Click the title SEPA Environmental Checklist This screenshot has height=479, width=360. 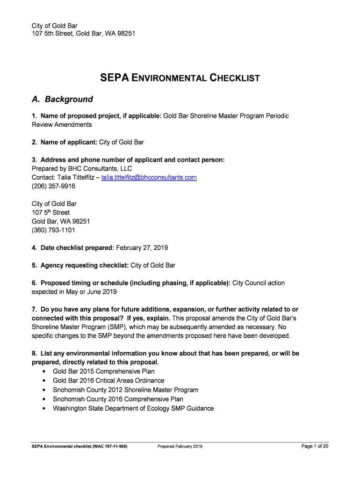180,78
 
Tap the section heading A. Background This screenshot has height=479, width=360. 62,99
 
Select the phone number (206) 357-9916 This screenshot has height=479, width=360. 53,186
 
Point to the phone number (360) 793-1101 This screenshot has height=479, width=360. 53,230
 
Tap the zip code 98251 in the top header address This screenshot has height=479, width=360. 126,34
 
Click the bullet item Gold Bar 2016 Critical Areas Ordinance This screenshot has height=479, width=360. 108,381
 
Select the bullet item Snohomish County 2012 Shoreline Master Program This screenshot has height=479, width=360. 125,390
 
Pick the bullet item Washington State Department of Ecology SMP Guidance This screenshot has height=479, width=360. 133,408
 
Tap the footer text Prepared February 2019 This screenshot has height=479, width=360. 180,447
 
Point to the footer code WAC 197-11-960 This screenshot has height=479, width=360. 108,447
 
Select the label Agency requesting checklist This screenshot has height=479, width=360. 84,265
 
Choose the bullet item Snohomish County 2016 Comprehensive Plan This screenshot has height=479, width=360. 118,399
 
